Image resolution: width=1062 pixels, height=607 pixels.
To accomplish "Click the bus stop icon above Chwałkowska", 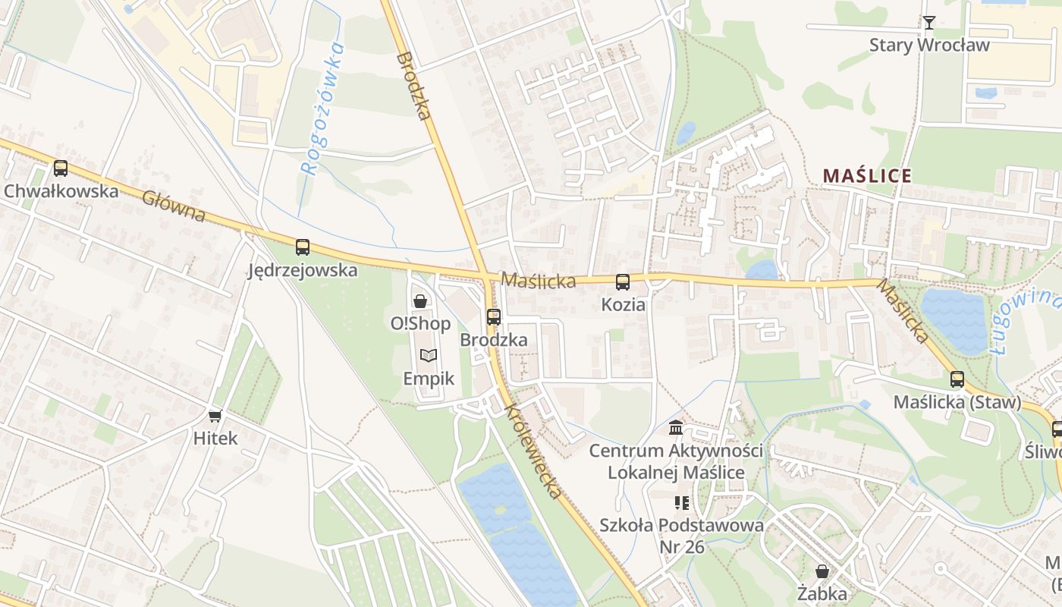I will click(x=60, y=168).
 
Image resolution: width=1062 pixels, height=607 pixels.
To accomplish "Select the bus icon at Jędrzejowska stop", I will click(x=303, y=247).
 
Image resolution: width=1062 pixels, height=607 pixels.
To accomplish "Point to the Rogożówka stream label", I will click(x=322, y=110).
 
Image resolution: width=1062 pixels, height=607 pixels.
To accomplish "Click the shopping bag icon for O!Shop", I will click(x=419, y=301).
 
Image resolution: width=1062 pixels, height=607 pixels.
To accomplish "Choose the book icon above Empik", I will click(x=429, y=355).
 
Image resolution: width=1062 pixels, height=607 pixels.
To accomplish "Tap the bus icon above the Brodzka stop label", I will click(x=494, y=317).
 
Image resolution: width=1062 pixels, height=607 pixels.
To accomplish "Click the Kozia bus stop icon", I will click(x=623, y=282).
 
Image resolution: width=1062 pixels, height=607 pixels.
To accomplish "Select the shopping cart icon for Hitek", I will click(x=215, y=416).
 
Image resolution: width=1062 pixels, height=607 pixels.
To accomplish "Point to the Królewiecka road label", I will click(x=534, y=451).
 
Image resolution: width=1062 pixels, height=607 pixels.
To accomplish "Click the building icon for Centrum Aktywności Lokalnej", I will click(x=676, y=428).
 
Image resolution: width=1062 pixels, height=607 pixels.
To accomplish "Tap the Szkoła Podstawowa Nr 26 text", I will click(x=680, y=536).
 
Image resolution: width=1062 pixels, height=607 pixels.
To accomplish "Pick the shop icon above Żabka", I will click(x=822, y=571).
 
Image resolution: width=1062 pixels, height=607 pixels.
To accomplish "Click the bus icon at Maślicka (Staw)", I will click(x=957, y=379).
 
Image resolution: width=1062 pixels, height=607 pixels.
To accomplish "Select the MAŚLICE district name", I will click(x=867, y=176).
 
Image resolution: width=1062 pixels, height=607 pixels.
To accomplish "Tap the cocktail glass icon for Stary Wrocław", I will click(x=929, y=23).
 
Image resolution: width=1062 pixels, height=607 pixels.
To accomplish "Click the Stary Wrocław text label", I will click(x=929, y=45).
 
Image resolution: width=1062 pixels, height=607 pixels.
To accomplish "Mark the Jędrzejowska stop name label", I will click(x=303, y=270).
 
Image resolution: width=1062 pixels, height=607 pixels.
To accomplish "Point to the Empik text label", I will click(x=429, y=378).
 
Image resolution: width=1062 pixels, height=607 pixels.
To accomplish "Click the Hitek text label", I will click(x=215, y=438).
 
